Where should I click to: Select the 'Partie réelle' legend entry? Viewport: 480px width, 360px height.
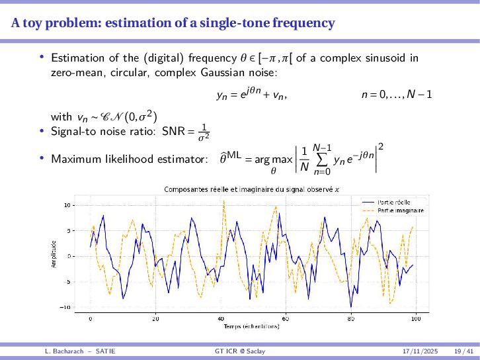393,202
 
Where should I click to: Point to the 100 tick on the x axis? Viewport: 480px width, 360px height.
415,318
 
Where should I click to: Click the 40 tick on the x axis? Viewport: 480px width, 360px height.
221,318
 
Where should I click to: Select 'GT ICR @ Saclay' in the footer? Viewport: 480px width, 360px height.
240,350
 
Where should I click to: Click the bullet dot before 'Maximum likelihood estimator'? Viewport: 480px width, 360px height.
42,158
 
